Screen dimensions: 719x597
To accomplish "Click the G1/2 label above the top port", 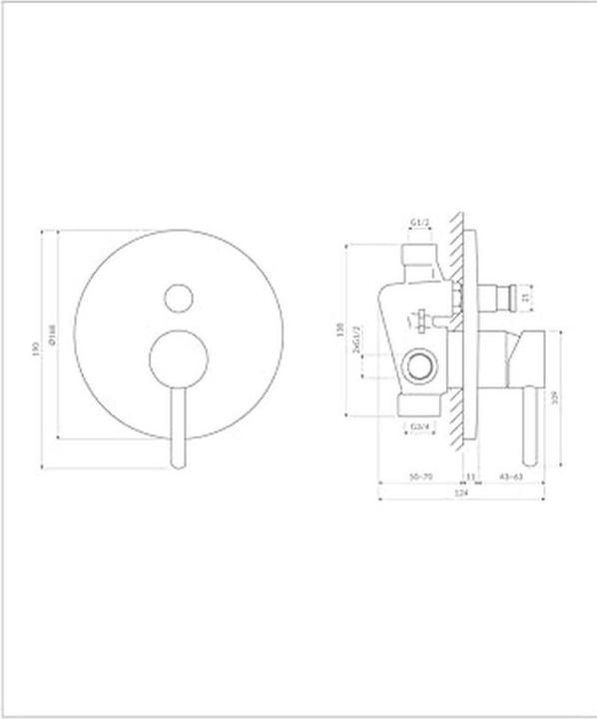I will tap(419, 224).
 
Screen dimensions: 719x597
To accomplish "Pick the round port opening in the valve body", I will tap(420, 366).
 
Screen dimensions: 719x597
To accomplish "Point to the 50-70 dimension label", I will tap(421, 478).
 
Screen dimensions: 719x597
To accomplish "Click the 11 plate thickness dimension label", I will tap(470, 478).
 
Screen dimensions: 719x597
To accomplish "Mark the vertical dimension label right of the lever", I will tap(554, 396).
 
